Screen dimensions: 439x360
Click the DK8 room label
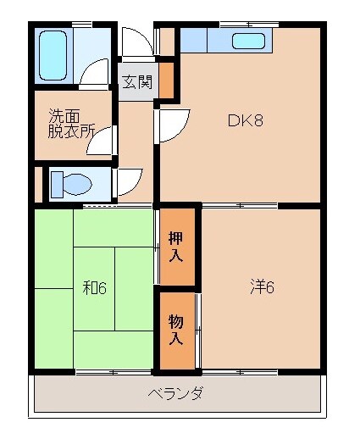[245, 119]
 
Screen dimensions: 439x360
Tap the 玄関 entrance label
[136, 82]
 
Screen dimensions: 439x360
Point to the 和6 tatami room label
[94, 288]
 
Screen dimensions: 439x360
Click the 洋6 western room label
[262, 286]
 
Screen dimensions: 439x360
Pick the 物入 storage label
[176, 331]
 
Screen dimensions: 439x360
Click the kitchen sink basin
[249, 42]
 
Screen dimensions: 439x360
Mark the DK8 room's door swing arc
[169, 128]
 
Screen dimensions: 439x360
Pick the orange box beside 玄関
[167, 80]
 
